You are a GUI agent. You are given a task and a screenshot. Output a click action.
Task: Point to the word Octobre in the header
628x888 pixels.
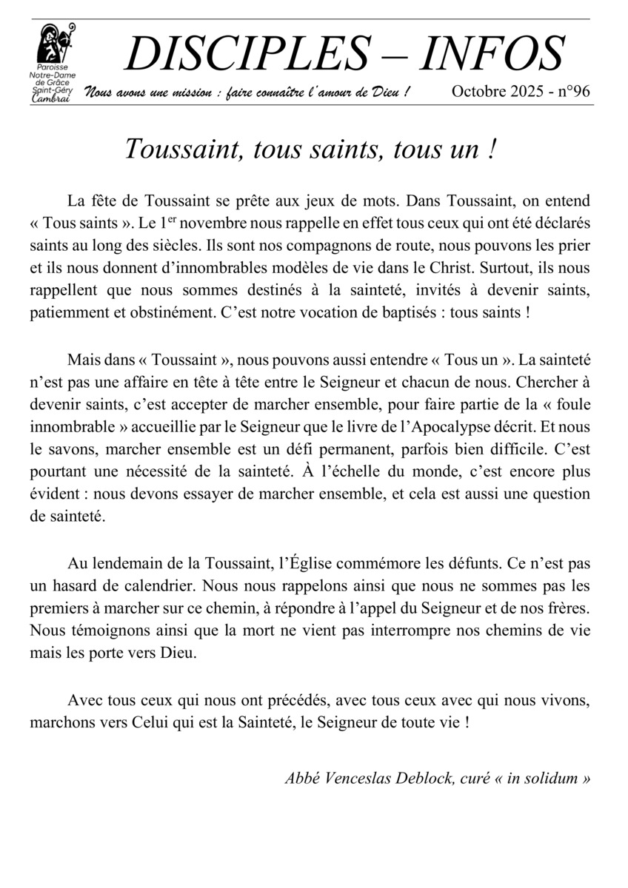pyautogui.click(x=477, y=92)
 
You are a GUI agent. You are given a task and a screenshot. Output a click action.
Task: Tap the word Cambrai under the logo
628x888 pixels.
pyautogui.click(x=52, y=99)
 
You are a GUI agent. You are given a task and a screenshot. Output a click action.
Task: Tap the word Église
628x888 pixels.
pyautogui.click(x=321, y=563)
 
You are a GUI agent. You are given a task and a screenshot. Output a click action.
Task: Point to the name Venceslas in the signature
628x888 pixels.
pyautogui.click(x=363, y=778)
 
